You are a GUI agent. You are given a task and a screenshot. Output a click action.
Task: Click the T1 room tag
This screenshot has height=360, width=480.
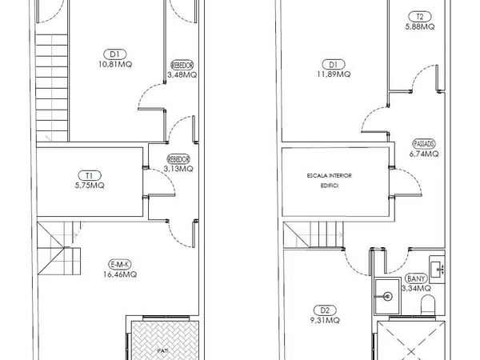[90, 176]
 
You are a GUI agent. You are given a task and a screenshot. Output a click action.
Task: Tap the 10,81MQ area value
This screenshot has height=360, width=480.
[115, 64]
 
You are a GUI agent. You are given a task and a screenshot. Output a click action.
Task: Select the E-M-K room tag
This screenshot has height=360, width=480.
[120, 265]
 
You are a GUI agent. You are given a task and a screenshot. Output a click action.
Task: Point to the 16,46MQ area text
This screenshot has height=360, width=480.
[120, 274]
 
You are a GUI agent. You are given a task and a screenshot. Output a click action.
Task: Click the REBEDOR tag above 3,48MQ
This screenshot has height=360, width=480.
[182, 66]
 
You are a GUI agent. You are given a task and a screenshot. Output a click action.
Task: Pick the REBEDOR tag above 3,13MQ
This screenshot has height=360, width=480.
[178, 159]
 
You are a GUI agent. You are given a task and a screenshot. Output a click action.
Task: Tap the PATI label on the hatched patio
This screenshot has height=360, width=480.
[162, 351]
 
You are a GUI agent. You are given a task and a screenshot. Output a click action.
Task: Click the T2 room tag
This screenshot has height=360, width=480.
[420, 17]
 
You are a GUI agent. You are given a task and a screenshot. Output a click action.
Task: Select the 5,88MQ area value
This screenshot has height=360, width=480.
[420, 26]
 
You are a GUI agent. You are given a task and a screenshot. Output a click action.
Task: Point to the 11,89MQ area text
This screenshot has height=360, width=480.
[334, 74]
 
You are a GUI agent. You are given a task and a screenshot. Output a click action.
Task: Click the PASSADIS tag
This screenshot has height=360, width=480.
[424, 143]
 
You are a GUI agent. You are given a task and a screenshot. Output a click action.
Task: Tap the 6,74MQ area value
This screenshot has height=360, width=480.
[424, 154]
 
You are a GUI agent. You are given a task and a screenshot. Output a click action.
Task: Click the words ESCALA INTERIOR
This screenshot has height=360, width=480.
[330, 176]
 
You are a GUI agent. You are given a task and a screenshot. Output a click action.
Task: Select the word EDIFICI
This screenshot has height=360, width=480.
[330, 186]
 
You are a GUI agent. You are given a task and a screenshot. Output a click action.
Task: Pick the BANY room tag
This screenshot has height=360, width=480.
[416, 278]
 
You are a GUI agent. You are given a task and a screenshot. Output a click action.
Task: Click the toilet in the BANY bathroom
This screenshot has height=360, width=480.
[428, 305]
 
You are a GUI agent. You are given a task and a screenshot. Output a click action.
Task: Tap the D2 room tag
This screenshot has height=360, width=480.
[325, 310]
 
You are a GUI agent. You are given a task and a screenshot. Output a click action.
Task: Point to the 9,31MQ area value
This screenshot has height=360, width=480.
[325, 320]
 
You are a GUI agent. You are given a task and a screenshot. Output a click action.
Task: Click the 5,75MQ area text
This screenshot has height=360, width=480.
[90, 186]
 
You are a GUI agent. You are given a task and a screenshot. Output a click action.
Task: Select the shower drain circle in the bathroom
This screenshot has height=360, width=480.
[388, 296]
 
